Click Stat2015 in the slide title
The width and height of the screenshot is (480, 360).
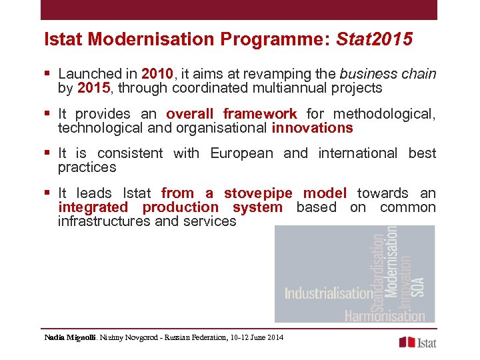376,40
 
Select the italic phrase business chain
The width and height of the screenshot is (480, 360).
387,74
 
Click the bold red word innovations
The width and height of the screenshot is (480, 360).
312,128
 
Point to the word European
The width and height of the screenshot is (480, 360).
241,153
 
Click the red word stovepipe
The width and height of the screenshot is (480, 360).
258,193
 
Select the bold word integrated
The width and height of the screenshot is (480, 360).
92,207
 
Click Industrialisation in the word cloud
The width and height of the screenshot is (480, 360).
329,293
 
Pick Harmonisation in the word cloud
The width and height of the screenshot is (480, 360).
385,315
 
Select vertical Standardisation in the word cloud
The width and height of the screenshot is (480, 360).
379,269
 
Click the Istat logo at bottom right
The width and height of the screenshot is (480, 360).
417,342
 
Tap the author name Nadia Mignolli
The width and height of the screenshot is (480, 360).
70,337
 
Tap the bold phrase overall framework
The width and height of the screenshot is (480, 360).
231,114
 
